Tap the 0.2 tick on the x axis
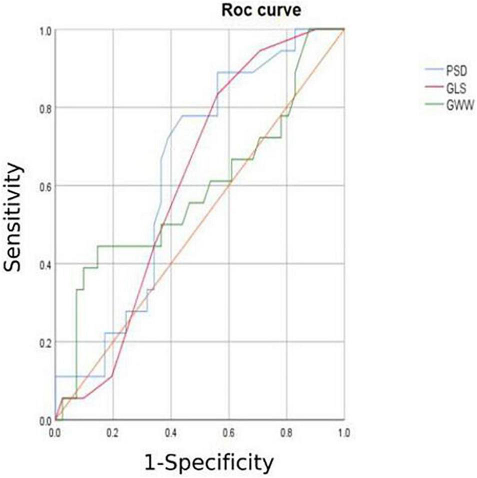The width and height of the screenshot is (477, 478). [x=113, y=430]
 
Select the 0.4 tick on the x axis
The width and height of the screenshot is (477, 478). [x=171, y=430]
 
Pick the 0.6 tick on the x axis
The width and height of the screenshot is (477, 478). [x=228, y=430]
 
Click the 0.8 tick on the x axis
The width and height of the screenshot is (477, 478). [x=286, y=430]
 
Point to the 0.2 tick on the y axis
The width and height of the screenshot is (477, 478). [x=46, y=342]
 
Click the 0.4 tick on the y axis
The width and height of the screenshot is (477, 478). [x=46, y=264]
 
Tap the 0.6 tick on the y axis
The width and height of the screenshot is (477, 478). [x=46, y=186]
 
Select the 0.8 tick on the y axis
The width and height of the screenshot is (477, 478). [x=46, y=108]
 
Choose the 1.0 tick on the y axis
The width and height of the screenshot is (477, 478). [x=46, y=30]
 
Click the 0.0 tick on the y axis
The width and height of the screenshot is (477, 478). [x=46, y=420]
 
